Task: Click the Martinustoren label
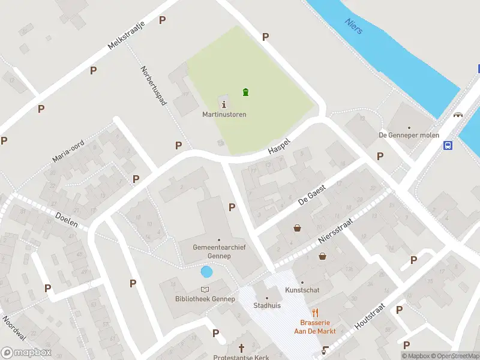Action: (x=224, y=115)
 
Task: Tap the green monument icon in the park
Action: (x=245, y=92)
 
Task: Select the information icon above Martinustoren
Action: (x=224, y=104)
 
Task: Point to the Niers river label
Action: (x=354, y=26)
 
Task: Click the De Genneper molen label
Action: (x=409, y=135)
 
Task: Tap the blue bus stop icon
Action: (x=448, y=145)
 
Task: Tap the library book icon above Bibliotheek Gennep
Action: (x=205, y=290)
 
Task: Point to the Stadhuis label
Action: (x=267, y=305)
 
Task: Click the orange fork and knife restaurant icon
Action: (x=314, y=313)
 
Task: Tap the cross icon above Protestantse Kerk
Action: (x=242, y=348)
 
